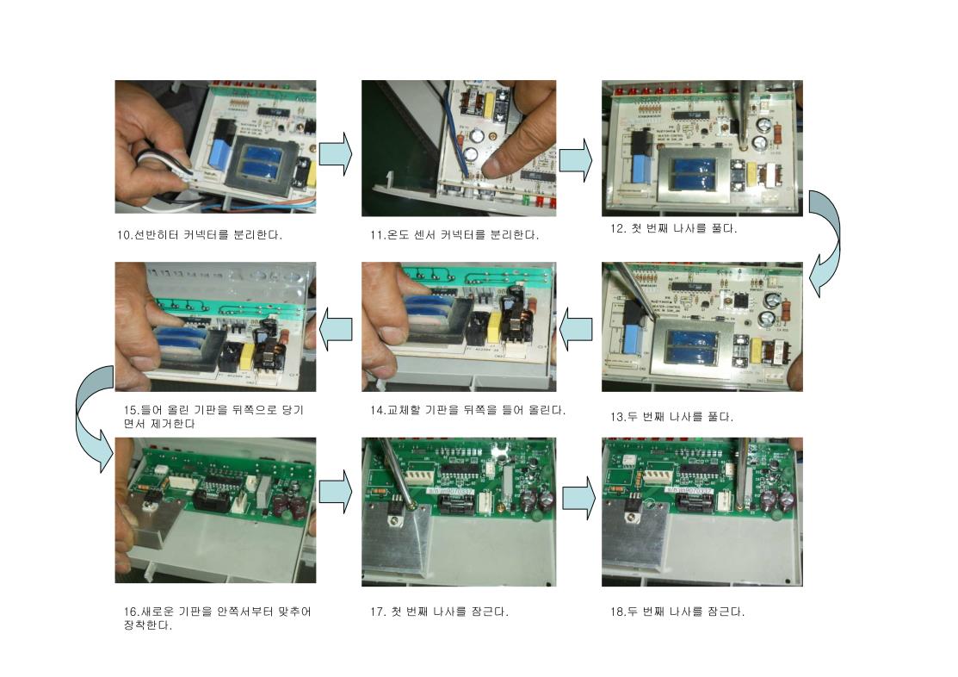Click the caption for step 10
pyautogui.click(x=200, y=235)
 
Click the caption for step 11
pyautogui.click(x=454, y=235)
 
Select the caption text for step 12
pyautogui.click(x=673, y=229)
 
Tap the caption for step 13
pyautogui.click(x=671, y=417)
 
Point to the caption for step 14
pyautogui.click(x=467, y=410)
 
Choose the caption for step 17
pyautogui.click(x=439, y=612)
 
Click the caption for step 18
pyautogui.click(x=677, y=612)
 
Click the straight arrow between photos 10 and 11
pyautogui.click(x=336, y=153)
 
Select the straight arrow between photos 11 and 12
pyautogui.click(x=576, y=159)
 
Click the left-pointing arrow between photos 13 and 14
pyautogui.click(x=576, y=330)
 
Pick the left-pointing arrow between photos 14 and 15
pyautogui.click(x=336, y=330)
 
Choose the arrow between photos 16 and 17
pyautogui.click(x=336, y=492)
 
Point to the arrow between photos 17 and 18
pyautogui.click(x=578, y=498)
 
